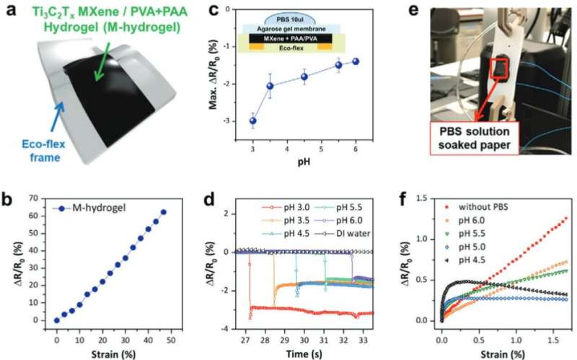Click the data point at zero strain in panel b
tap(57, 320)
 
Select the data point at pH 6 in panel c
tap(356, 61)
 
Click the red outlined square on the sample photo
tap(501, 70)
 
